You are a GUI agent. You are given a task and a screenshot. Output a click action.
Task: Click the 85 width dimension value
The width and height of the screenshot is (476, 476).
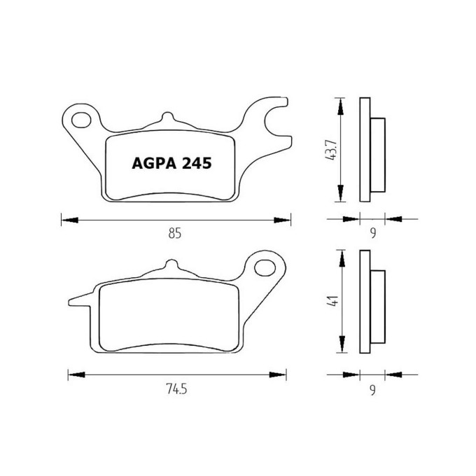pos(175,234)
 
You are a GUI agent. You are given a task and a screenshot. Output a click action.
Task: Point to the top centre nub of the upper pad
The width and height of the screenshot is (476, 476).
pos(167,118)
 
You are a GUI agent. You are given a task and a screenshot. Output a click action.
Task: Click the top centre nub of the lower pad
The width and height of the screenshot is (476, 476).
pos(167,265)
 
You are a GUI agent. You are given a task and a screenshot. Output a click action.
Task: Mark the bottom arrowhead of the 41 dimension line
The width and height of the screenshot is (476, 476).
pos(341,349)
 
